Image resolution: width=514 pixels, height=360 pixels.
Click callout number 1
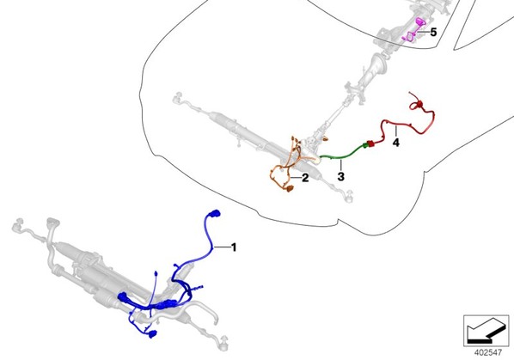234,247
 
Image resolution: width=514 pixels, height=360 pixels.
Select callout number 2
305,178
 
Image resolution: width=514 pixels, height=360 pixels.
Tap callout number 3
341,176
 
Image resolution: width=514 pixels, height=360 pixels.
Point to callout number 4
396,143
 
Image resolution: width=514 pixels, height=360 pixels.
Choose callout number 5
433,32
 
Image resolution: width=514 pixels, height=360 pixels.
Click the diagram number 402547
487,352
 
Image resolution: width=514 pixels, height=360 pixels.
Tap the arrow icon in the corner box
486,331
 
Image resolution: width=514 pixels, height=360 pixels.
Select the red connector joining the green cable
370,143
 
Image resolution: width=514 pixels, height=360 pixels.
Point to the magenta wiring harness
414,30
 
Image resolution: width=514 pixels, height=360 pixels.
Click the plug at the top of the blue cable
215,214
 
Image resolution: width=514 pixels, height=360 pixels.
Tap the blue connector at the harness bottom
152,334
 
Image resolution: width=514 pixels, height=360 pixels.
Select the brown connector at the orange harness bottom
289,188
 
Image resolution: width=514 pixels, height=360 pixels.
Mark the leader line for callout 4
396,131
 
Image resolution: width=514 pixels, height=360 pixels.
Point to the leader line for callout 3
341,166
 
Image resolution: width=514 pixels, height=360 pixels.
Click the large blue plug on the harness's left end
123,297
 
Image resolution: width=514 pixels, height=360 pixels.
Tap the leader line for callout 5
423,32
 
